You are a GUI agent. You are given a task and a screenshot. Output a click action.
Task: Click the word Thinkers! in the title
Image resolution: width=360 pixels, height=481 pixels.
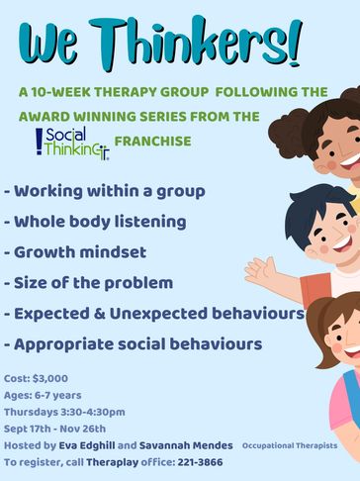coord(196,43)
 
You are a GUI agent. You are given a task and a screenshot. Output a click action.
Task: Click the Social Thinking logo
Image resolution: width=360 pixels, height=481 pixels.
coord(72,143)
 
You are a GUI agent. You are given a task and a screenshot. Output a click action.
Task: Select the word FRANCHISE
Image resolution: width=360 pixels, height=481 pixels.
coord(152,142)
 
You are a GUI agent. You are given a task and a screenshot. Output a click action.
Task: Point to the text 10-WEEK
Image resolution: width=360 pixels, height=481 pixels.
coord(62,92)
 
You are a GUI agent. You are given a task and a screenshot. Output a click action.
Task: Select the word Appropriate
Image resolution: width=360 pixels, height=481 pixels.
coord(63,344)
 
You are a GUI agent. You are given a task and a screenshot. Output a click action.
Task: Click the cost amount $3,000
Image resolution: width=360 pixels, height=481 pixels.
coord(50,378)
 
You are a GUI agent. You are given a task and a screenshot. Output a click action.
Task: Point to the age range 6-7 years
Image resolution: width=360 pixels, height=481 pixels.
coord(58,395)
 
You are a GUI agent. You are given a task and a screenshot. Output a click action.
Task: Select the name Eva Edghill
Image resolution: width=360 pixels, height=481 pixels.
coord(87,445)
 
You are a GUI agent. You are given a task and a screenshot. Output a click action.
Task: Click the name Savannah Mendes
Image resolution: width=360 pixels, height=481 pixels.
coord(186,445)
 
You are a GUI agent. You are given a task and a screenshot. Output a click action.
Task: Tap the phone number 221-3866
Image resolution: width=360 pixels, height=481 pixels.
coord(200,462)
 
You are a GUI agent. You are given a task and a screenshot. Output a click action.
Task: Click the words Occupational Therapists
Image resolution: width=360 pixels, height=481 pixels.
coord(290,445)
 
